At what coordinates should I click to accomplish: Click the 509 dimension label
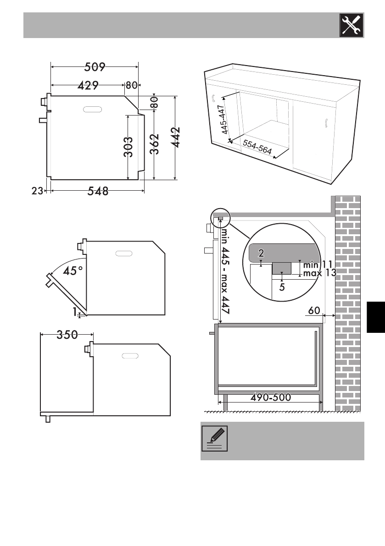pos(95,66)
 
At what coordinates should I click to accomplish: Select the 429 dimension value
pos(88,85)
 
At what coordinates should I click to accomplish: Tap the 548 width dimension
pos(98,191)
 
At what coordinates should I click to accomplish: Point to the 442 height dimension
pos(177,137)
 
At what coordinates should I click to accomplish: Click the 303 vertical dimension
pos(128,147)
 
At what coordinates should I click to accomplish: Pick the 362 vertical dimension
pos(154,144)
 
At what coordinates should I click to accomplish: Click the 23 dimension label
pos(37,191)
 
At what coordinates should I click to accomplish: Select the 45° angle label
pos(73,270)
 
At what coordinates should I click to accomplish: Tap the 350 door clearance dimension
pos(67,335)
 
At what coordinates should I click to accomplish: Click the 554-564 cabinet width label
pos(257,147)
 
